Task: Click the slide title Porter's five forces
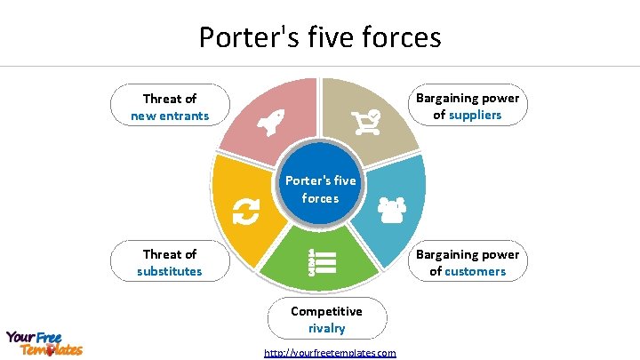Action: click(x=320, y=37)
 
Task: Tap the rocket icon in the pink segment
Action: click(x=270, y=125)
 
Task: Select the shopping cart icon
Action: click(x=365, y=121)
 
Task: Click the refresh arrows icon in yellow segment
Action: click(x=245, y=211)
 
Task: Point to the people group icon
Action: click(x=391, y=209)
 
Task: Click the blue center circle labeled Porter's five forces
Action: click(x=320, y=188)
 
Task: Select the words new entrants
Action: click(x=170, y=116)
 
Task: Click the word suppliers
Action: click(x=480, y=115)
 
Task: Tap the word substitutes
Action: click(x=170, y=271)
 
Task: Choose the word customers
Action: click(x=475, y=271)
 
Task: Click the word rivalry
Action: click(x=326, y=328)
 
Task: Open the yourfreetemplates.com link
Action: click(x=331, y=353)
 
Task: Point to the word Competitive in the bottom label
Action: click(x=326, y=311)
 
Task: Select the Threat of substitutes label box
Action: click(x=170, y=262)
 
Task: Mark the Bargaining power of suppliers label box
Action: click(x=468, y=106)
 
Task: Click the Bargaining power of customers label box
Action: click(x=468, y=262)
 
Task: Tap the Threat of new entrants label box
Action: click(x=170, y=107)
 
